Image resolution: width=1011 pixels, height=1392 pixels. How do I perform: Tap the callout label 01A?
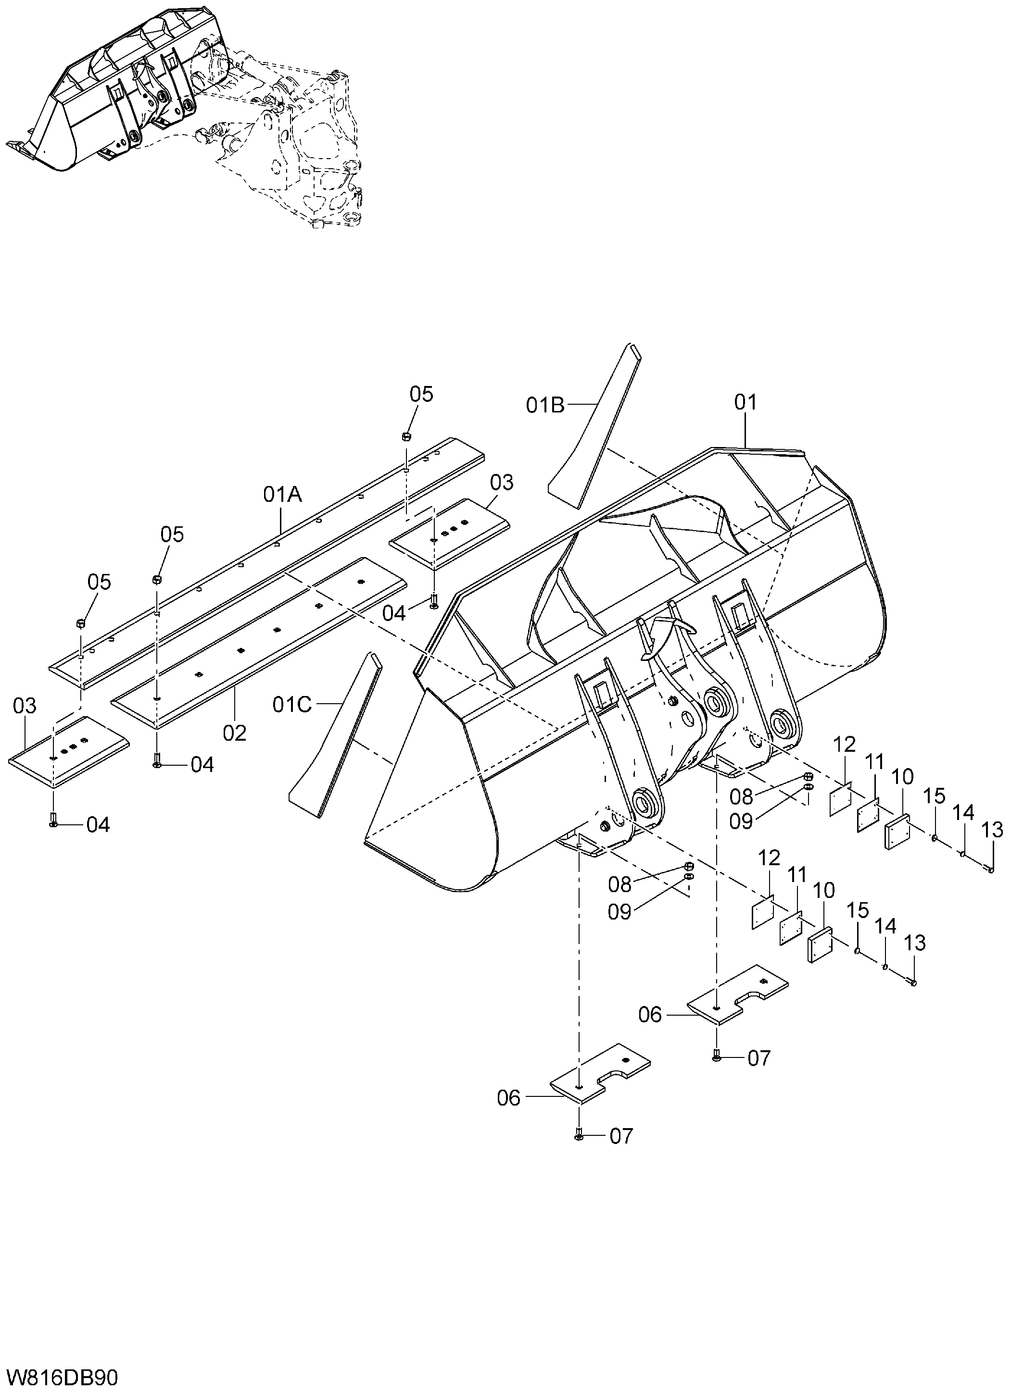[x=283, y=494]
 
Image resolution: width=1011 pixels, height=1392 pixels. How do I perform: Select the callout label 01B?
[x=545, y=405]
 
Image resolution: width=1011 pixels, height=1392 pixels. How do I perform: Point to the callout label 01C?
[x=292, y=705]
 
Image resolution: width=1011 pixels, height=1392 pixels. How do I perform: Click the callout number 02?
[x=235, y=733]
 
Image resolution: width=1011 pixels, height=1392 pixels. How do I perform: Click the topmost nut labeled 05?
[x=406, y=436]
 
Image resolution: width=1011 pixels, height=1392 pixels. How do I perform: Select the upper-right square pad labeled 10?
[x=898, y=832]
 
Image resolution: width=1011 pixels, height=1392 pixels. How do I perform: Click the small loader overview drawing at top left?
[x=184, y=117]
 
